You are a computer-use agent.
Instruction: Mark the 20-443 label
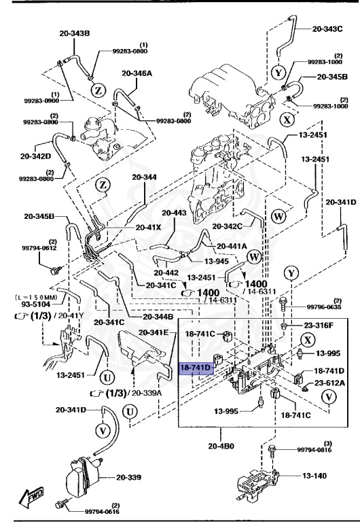coord(173,213)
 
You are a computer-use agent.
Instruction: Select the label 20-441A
coord(232,246)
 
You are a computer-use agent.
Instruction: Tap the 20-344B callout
coord(158,317)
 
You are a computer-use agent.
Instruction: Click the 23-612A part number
coord(329,383)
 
